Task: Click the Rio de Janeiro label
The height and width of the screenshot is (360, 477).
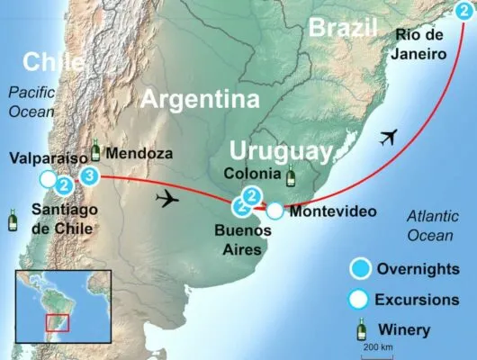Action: click(420, 45)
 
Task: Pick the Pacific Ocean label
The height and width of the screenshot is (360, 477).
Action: click(31, 101)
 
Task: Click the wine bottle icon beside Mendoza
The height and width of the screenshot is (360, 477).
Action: click(96, 150)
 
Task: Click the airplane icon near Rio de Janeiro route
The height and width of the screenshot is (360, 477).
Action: click(389, 138)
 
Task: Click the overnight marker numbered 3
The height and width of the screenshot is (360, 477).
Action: click(89, 176)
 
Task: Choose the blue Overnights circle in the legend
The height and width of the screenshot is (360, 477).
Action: click(360, 267)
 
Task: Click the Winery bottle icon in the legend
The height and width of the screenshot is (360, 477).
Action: click(361, 328)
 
